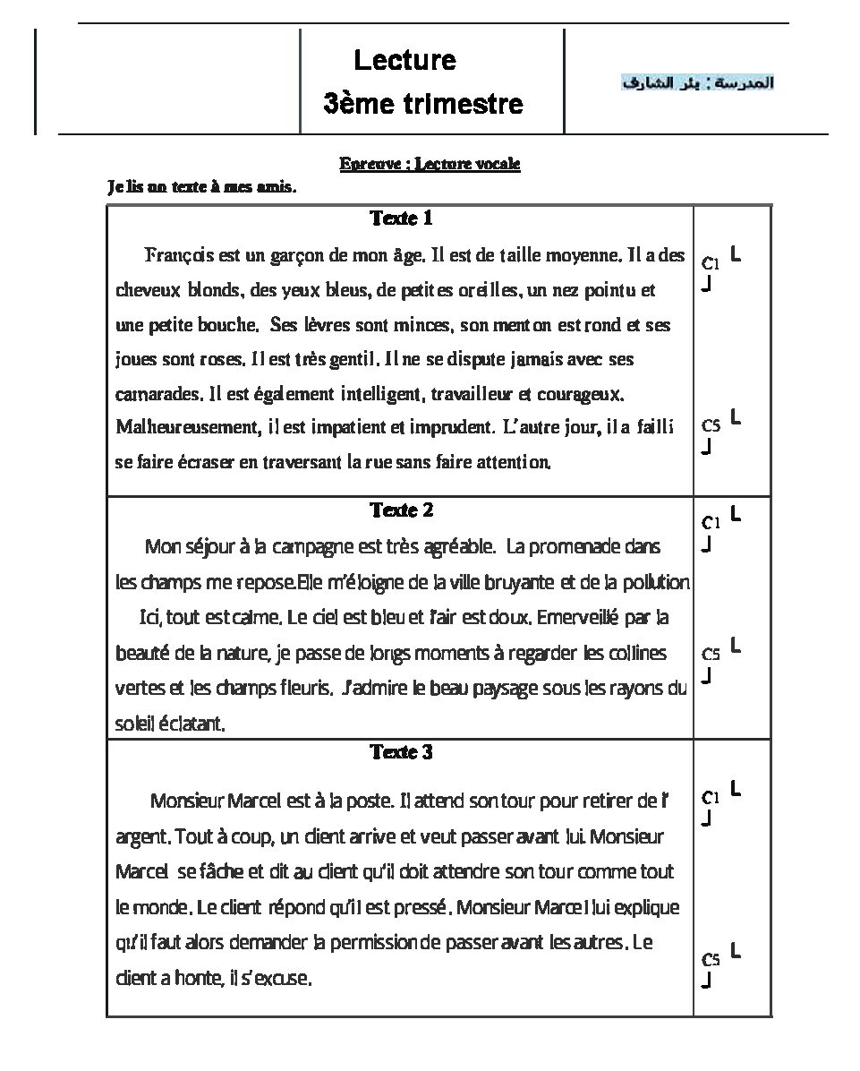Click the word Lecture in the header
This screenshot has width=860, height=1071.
(404, 61)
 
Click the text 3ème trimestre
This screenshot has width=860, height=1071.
(423, 105)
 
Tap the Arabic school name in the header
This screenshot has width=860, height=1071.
(698, 83)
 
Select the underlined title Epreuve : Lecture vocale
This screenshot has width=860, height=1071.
(430, 164)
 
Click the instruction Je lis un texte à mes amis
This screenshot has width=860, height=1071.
(200, 188)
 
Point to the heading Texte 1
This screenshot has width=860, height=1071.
(402, 218)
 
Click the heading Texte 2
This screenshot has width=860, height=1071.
(402, 510)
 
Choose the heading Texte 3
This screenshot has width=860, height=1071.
(402, 752)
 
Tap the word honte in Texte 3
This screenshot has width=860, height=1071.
(195, 979)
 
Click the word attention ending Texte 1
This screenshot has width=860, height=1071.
(515, 462)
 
